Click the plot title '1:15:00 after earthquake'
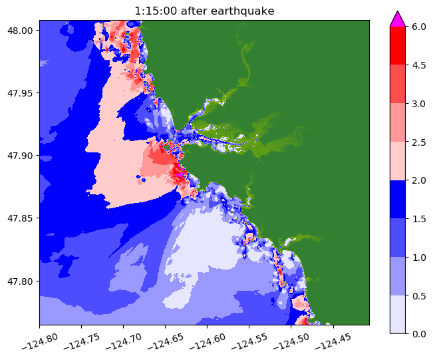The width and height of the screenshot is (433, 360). click(x=204, y=11)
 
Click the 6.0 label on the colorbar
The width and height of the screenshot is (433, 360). click(x=418, y=27)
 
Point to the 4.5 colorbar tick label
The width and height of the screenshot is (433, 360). click(x=418, y=65)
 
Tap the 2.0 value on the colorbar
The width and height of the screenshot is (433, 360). click(x=418, y=180)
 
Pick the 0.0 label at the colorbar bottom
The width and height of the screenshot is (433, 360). click(x=418, y=333)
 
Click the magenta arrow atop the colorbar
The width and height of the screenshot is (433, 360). click(x=398, y=19)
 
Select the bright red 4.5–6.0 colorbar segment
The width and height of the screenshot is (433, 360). click(x=398, y=46)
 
